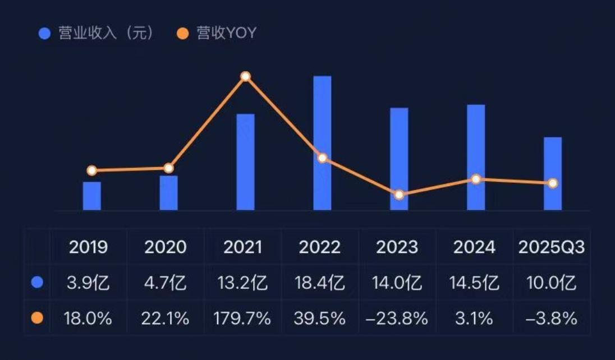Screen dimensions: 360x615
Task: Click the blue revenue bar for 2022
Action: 322,143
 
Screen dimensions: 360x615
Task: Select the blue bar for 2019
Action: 92,196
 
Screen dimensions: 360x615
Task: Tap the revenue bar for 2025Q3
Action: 553,173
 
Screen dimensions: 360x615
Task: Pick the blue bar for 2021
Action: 245,162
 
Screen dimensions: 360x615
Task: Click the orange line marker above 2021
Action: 245,76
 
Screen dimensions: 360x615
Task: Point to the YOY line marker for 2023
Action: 399,195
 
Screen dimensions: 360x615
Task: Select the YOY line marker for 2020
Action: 168,168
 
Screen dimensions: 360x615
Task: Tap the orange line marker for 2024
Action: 476,179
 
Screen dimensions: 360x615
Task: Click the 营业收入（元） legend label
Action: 105,33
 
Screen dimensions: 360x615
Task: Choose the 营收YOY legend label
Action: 226,33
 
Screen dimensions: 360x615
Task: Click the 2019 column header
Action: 88,247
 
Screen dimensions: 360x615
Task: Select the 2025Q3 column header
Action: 552,247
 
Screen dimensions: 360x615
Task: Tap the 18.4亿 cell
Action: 320,283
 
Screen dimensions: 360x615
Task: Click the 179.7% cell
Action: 242,319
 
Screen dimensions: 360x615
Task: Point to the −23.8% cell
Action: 396,319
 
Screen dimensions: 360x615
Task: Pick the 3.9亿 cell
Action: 88,283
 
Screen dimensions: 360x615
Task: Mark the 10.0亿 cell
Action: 552,283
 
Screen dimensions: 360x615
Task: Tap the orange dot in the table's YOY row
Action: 37,319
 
